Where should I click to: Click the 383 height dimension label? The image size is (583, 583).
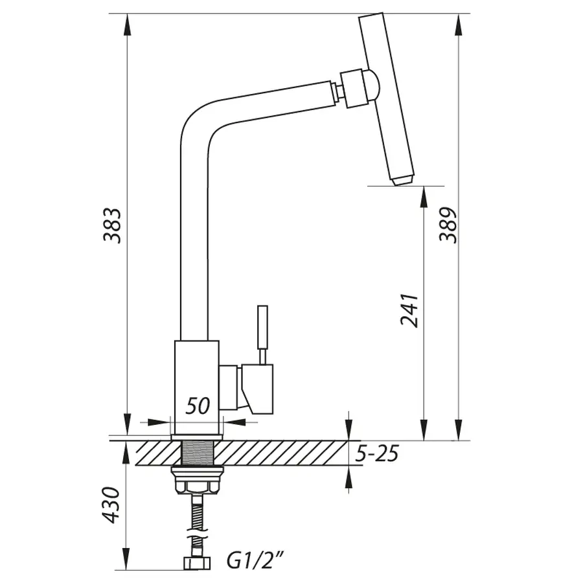coord(112,225)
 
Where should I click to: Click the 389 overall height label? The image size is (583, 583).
coord(448,225)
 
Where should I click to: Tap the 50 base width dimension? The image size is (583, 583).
coord(198,406)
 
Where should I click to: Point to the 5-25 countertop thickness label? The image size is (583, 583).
coord(376,453)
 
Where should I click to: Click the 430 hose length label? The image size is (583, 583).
coord(110,505)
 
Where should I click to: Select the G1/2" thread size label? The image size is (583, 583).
coord(256,560)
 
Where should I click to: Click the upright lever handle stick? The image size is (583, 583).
coord(262,328)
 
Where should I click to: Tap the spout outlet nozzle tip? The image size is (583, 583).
coord(402,180)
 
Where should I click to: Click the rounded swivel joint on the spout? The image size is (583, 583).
coord(372,86)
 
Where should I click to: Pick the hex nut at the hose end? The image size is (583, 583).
coord(197,563)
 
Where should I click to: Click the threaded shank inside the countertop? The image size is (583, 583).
coord(197,453)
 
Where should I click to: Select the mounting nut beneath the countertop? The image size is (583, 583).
coord(197,481)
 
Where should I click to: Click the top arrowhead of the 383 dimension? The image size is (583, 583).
coord(127,25)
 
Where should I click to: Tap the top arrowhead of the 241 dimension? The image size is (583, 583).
coord(424,197)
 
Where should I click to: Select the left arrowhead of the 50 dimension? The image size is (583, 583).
coord(159,422)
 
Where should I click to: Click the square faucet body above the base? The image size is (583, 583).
coord(197,387)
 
